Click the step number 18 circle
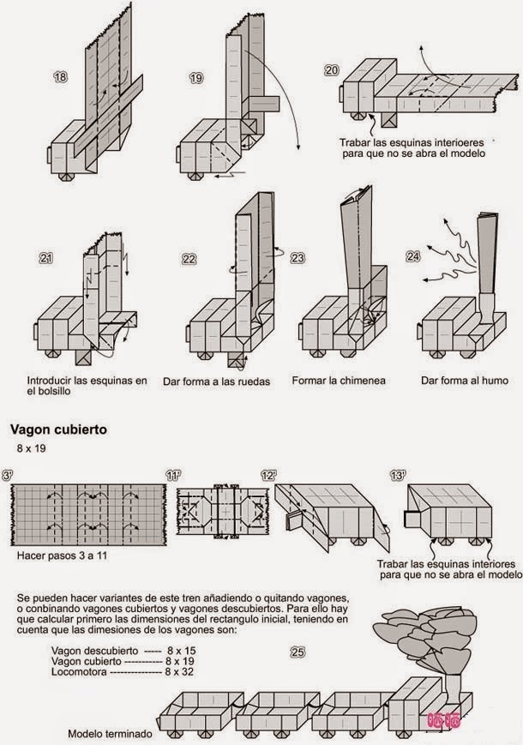pos(60,78)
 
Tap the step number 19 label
pos(196,78)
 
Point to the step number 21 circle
pos(47,257)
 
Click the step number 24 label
pos(413,256)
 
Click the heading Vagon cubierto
pos(57,430)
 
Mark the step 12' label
pos(269,475)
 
